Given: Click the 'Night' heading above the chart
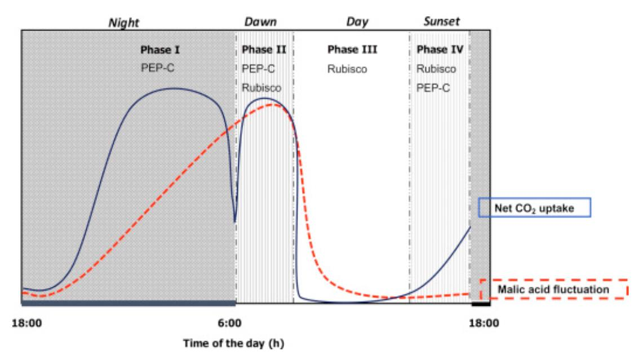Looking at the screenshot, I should pyautogui.click(x=123, y=23).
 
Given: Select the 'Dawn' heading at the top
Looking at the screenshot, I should pyautogui.click(x=260, y=21).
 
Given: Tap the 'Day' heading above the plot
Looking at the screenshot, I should pyautogui.click(x=357, y=22).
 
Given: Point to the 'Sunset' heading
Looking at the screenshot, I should pyautogui.click(x=441, y=21).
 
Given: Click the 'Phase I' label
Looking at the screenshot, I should pyautogui.click(x=160, y=50).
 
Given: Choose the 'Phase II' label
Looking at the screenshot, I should pyautogui.click(x=264, y=50).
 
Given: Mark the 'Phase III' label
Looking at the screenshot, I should pyautogui.click(x=352, y=50).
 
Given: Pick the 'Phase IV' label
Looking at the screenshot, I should pyautogui.click(x=440, y=50).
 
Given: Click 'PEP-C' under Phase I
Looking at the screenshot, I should pyautogui.click(x=157, y=69).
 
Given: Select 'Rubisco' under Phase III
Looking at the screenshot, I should pyautogui.click(x=348, y=69).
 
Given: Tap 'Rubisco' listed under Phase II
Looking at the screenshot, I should pyautogui.click(x=262, y=88).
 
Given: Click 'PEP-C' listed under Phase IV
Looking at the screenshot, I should pyautogui.click(x=433, y=88).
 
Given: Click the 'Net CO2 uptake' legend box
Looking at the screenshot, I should pyautogui.click(x=534, y=208).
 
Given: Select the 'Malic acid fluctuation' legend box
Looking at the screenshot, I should pyautogui.click(x=553, y=289).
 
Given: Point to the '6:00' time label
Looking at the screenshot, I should pyautogui.click(x=230, y=323).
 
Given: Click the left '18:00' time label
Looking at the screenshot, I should pyautogui.click(x=26, y=323).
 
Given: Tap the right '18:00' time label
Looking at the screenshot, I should pyautogui.click(x=484, y=323).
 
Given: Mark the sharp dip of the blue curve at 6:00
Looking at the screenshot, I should pyautogui.click(x=235, y=221).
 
